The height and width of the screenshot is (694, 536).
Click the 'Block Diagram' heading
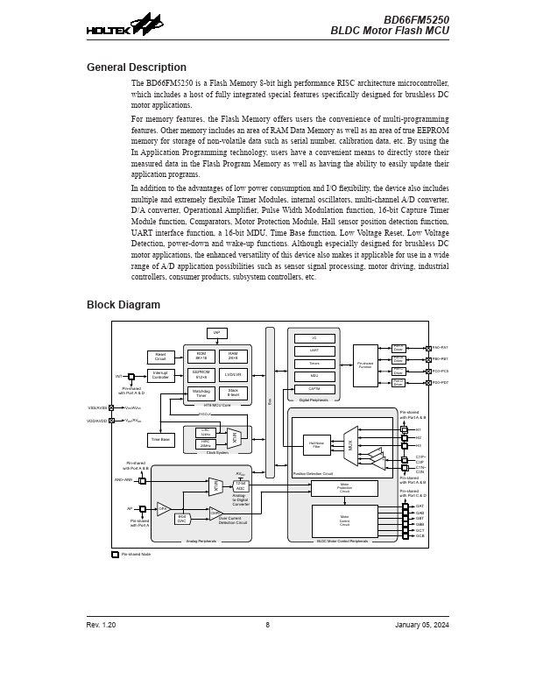123,305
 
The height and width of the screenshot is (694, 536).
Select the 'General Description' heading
137,67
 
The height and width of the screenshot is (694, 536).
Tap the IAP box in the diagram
216,333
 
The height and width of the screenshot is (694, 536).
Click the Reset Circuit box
160,357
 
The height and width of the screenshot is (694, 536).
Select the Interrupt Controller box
160,375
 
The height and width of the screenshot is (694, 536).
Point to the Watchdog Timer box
201,393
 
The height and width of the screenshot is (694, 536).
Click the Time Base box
160,439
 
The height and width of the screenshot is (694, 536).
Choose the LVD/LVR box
233,375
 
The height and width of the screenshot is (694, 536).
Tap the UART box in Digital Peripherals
314,351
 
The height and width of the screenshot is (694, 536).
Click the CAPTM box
314,388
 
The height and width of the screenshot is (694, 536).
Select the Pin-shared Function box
365,365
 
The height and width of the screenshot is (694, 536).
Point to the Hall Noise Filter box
316,445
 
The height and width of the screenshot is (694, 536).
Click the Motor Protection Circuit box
344,488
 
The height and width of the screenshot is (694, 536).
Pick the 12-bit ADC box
241,486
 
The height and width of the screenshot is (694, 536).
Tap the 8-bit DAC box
182,519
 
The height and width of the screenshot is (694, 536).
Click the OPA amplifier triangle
163,508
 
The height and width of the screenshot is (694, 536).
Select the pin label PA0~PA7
440,348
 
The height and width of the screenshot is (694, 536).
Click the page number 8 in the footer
268,625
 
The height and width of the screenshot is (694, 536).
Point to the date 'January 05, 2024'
422,625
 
